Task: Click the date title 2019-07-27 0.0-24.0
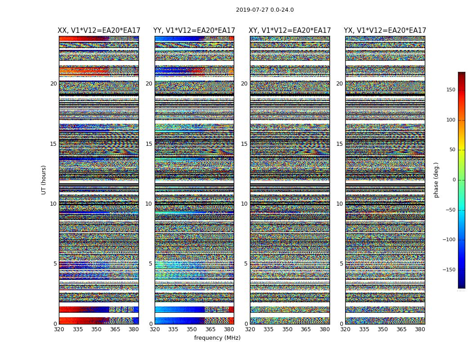pos(265,10)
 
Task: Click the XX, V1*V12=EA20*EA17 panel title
pos(99,31)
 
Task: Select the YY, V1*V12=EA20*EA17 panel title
pos(194,31)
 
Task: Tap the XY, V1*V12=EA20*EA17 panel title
pos(290,31)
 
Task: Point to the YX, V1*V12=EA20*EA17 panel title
pos(385,31)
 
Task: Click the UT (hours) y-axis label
pos(44,180)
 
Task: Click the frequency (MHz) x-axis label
pos(217,338)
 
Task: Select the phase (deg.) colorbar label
pos(436,180)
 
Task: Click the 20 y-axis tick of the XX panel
pos(53,84)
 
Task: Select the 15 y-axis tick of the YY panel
pos(149,144)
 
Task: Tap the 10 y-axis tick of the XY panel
pos(244,204)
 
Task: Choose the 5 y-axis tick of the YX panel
pos(341,264)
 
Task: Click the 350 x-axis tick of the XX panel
pos(96,329)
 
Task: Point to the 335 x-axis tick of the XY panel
pos(268,329)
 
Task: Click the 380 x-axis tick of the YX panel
pos(420,329)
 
